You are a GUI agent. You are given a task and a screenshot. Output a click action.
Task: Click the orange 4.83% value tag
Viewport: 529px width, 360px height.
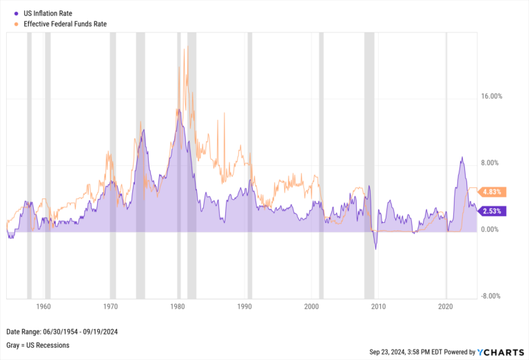point(495,192)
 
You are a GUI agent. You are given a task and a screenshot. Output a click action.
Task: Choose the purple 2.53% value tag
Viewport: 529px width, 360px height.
point(495,211)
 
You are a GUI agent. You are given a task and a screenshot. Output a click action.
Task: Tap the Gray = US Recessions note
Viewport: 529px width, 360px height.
point(37,345)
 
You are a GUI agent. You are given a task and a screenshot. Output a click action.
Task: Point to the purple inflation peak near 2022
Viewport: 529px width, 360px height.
point(461,158)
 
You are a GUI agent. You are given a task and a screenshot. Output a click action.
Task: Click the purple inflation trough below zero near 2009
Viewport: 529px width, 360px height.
point(375,248)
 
